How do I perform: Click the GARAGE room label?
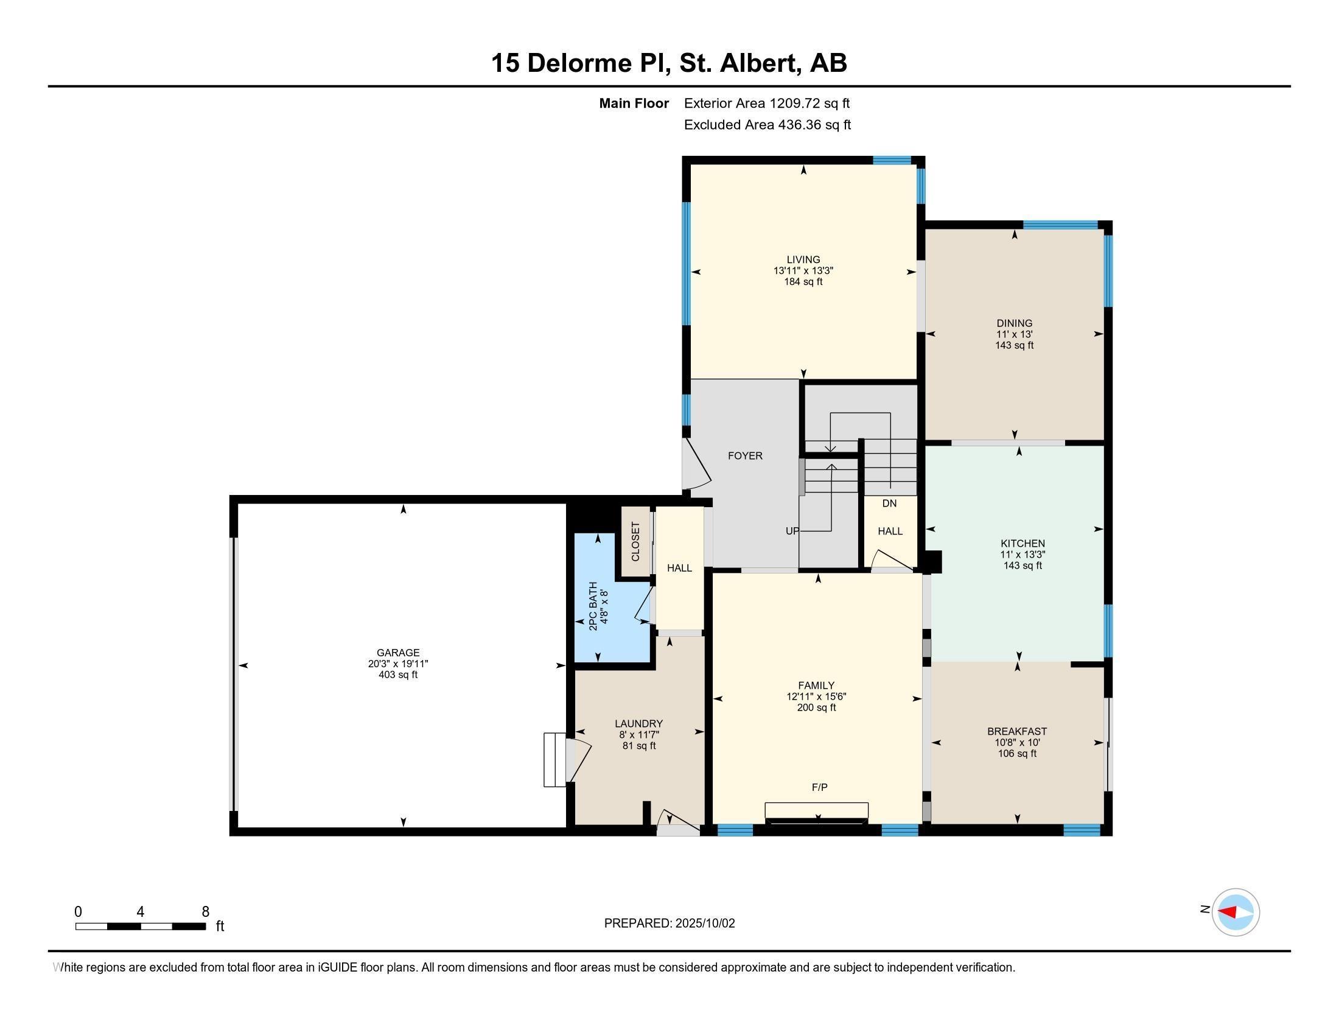tap(398, 653)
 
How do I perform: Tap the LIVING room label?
tap(803, 259)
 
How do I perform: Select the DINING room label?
tap(1014, 323)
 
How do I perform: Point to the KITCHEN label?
tap(1023, 543)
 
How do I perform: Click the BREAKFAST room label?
tap(1017, 731)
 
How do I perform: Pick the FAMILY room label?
tap(816, 686)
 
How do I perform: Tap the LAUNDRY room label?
tap(639, 723)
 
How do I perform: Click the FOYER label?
tap(745, 455)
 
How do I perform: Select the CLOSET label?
tap(635, 541)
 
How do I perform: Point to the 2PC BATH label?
tap(593, 606)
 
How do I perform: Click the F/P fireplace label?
tap(820, 787)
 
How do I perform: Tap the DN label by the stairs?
tap(890, 503)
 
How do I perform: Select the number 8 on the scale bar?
tap(205, 912)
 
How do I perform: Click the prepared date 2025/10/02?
tap(705, 924)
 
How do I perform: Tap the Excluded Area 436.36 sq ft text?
tap(767, 125)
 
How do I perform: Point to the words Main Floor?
tap(634, 103)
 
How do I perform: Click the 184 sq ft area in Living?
tap(803, 282)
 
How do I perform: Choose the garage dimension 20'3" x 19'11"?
tap(398, 664)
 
